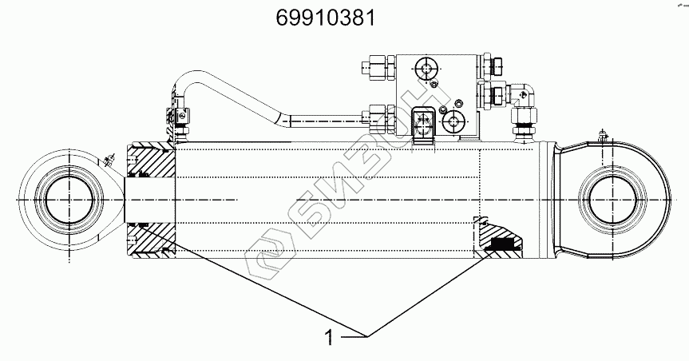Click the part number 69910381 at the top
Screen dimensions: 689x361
(326, 18)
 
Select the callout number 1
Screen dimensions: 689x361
(329, 338)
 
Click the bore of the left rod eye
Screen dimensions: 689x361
(69, 200)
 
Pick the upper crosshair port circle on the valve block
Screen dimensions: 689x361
(426, 69)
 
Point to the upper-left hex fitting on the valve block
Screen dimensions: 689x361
(378, 66)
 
